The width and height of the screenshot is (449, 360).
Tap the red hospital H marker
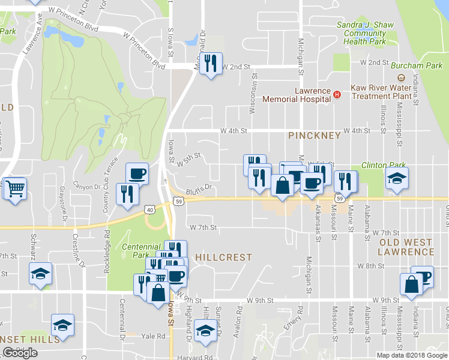tap(337, 94)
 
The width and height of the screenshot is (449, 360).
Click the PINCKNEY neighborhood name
tap(315, 136)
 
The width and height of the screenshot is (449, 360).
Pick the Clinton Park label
tap(384, 165)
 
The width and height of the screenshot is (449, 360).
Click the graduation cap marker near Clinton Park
tap(397, 178)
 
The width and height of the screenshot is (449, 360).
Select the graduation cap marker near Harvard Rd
tap(205, 331)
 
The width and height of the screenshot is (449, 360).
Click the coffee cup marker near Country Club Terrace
tap(137, 173)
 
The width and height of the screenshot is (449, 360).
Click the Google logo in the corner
tap(20, 353)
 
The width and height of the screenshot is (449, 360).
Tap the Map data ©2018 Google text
tap(411, 355)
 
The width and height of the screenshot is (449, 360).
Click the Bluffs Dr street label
tap(200, 188)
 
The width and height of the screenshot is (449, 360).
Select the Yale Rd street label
tap(153, 336)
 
